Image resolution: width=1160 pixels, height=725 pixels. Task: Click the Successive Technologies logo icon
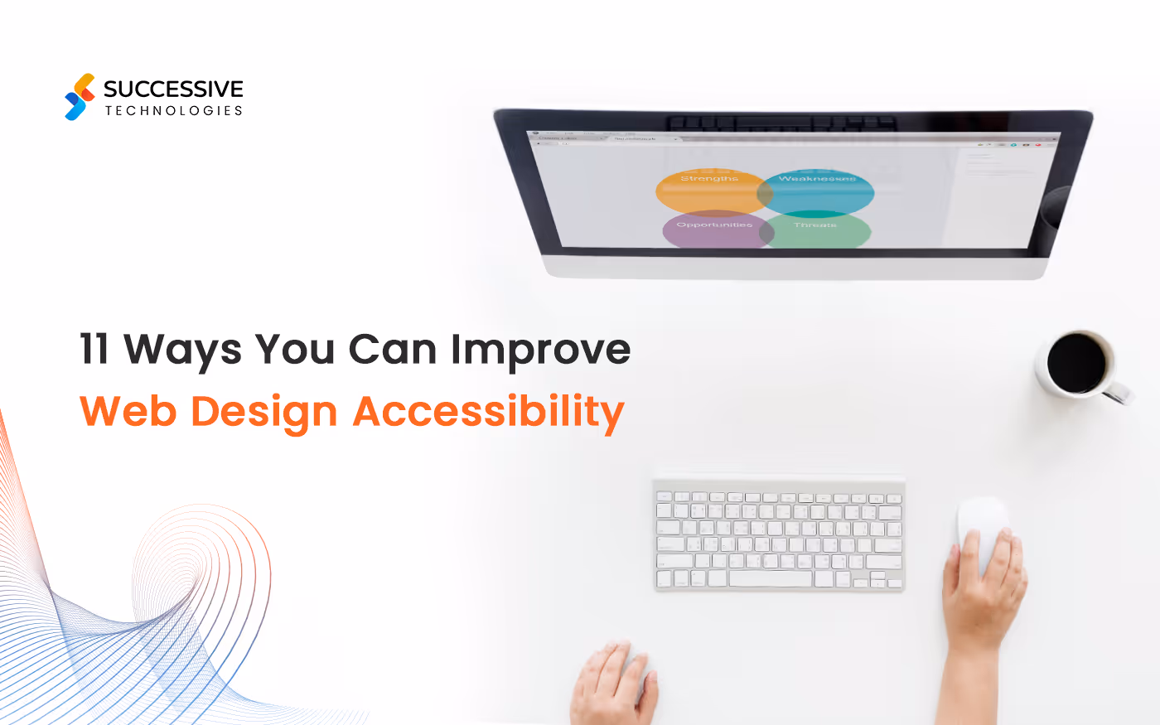(x=80, y=97)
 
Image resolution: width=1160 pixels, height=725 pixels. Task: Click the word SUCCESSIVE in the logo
(x=173, y=89)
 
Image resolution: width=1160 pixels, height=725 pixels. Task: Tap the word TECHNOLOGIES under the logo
(x=173, y=110)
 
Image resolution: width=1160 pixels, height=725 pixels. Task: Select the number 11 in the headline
(x=94, y=349)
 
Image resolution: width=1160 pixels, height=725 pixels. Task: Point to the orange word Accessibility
(x=489, y=412)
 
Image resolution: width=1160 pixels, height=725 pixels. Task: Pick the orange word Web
(x=128, y=411)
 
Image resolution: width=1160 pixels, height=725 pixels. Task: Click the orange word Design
(x=264, y=413)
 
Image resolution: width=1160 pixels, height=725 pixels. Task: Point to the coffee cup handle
(x=1120, y=392)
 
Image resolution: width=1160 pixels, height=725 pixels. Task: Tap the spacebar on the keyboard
(x=771, y=578)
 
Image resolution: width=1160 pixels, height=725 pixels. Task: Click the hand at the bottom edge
(x=613, y=684)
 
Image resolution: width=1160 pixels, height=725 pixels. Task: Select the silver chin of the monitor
(x=795, y=267)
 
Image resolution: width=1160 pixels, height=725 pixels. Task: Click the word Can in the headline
(x=392, y=349)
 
